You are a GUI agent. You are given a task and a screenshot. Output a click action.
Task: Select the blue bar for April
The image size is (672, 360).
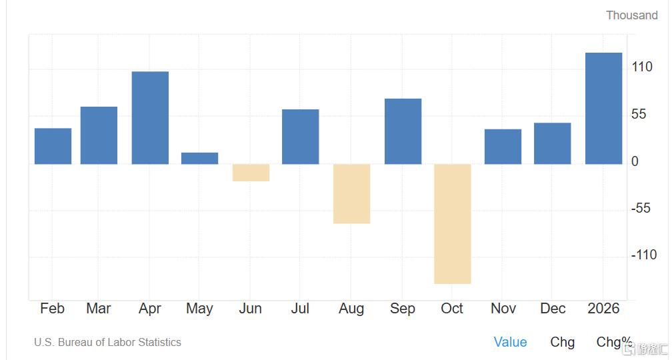coord(150,117)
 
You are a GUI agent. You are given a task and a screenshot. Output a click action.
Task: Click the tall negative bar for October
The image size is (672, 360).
coord(453,224)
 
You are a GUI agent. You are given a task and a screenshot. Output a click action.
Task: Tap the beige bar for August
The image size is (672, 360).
coord(351,193)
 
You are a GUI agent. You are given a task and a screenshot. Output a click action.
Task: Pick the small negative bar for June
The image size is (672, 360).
coord(251,173)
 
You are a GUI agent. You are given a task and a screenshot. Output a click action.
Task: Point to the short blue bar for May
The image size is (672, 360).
coord(199,159)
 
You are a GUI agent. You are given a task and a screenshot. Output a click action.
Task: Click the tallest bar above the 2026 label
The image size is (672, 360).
coord(603,108)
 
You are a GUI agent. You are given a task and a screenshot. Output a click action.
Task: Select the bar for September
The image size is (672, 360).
coord(403,131)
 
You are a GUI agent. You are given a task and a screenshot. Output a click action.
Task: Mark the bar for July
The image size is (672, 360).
coord(300,137)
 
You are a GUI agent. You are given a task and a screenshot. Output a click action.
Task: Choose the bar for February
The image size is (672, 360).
coord(53,146)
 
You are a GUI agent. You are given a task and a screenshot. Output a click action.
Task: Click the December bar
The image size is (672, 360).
coord(552,143)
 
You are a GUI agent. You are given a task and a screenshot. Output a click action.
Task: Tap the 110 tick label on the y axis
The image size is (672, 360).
coord(643,67)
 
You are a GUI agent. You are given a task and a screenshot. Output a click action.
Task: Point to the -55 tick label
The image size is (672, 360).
coord(641,208)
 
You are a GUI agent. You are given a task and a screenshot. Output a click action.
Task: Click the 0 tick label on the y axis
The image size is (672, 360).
coord(635,161)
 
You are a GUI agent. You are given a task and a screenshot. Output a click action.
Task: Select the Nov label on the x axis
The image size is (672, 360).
coord(503,308)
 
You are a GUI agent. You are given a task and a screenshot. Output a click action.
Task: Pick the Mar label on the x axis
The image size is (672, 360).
coord(99,308)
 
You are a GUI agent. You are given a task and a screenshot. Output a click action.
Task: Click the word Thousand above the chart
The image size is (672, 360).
coord(631,15)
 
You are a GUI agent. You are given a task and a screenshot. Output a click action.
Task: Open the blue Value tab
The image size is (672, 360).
coord(510,342)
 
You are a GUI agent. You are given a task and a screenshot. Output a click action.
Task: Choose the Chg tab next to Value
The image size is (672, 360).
coord(562,342)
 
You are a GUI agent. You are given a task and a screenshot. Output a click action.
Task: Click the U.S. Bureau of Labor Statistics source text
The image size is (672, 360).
coord(107,342)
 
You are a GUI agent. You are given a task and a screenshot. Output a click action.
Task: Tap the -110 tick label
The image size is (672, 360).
coord(643,255)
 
